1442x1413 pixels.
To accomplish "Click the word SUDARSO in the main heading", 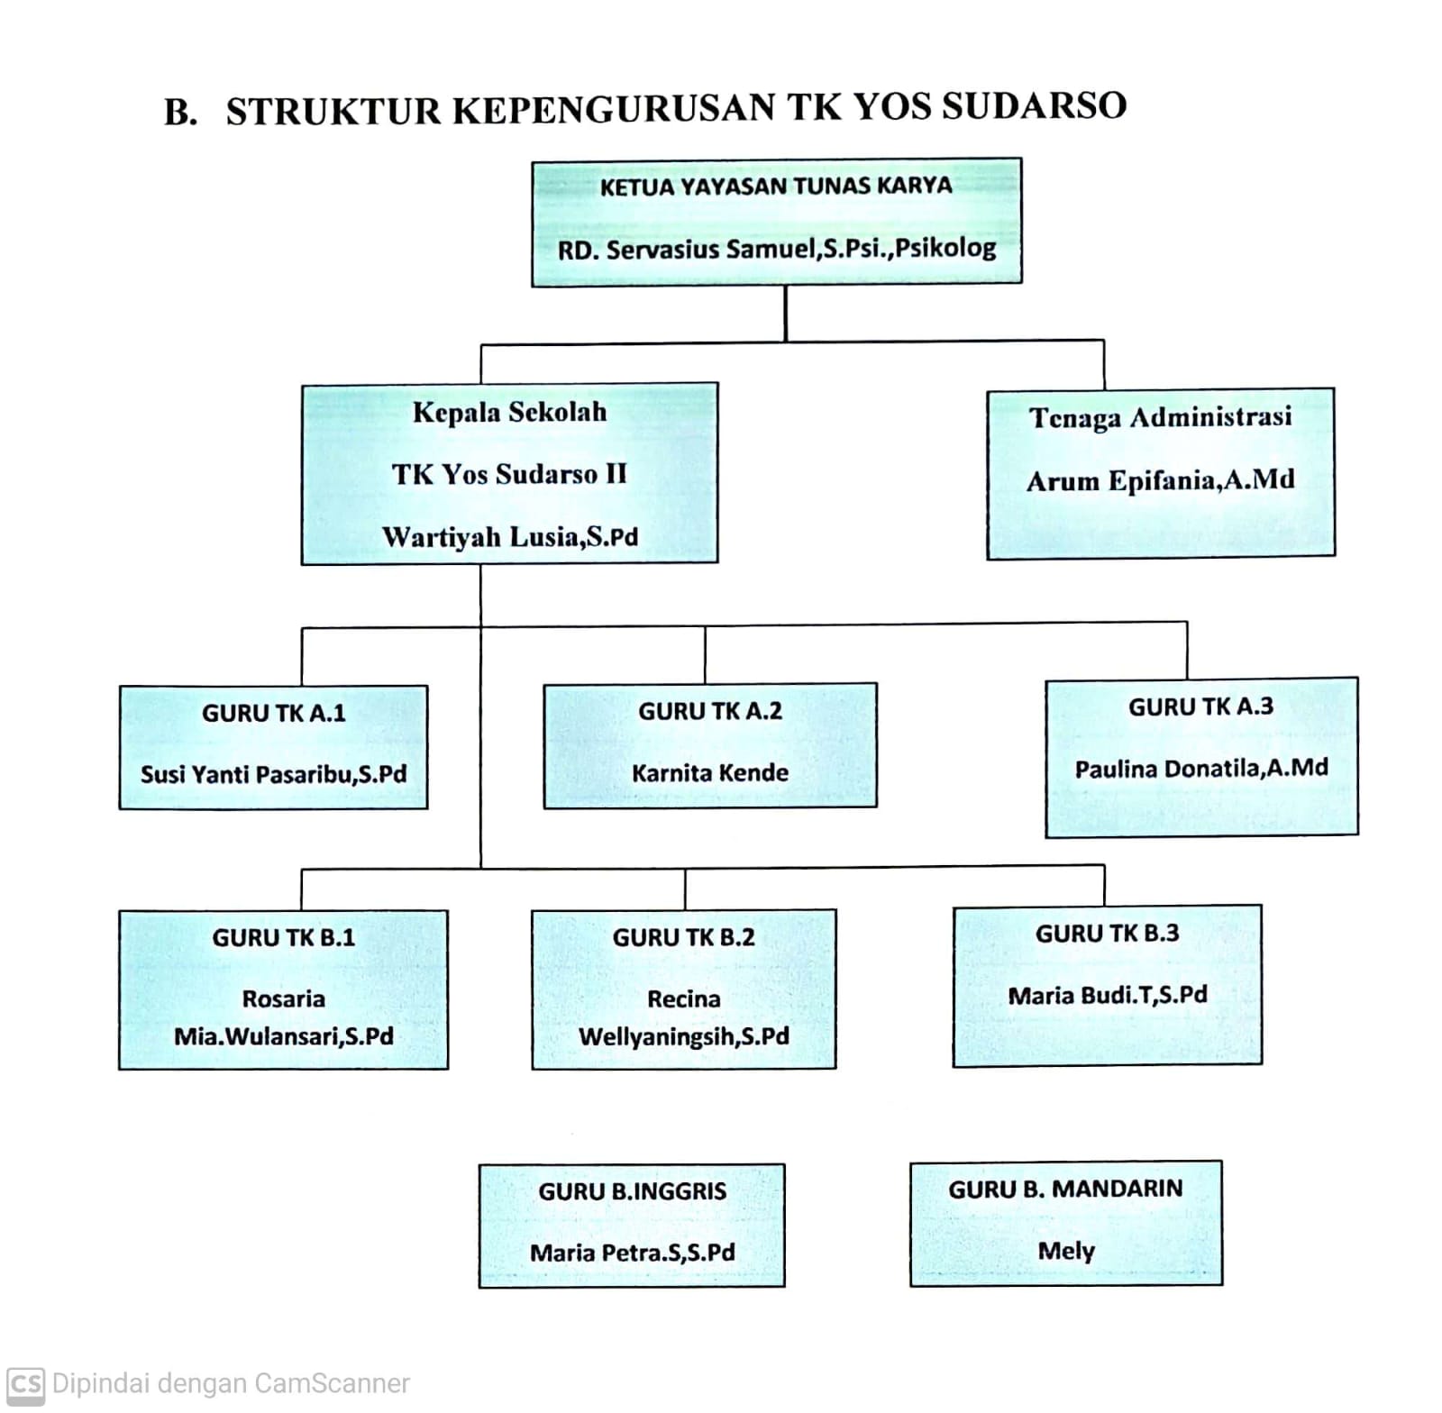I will (x=1034, y=106).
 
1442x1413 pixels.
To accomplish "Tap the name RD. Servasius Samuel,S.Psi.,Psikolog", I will (x=777, y=249).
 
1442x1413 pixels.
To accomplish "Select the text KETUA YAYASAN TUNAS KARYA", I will (x=776, y=187).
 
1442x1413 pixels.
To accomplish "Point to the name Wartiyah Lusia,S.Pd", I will (x=510, y=537).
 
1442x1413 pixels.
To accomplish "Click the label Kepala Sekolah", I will (x=510, y=413).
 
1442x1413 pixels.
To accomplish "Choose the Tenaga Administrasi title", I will (x=1161, y=417).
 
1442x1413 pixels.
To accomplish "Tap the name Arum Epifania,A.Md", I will (x=1161, y=480).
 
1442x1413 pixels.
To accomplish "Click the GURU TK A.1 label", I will (x=274, y=713).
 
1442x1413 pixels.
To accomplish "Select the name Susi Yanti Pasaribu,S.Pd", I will (x=274, y=774).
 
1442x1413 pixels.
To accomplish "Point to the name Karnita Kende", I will (x=710, y=773).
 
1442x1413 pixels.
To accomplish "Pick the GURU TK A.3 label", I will (x=1200, y=706).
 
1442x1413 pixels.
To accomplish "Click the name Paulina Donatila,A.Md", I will (x=1201, y=769).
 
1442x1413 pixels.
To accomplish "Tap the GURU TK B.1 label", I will (x=284, y=938).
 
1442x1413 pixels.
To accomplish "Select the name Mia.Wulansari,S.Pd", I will (x=284, y=1036).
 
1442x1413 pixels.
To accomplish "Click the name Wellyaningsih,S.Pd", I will (x=684, y=1036).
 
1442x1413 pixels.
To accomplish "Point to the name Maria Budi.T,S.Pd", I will (x=1108, y=996).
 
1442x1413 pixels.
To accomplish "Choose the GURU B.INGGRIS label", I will (x=633, y=1191).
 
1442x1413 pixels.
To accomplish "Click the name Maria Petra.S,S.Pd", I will (x=633, y=1253).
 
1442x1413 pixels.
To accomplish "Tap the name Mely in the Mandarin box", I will (x=1066, y=1251).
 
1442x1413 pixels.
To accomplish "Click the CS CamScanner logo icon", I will (x=25, y=1383).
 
